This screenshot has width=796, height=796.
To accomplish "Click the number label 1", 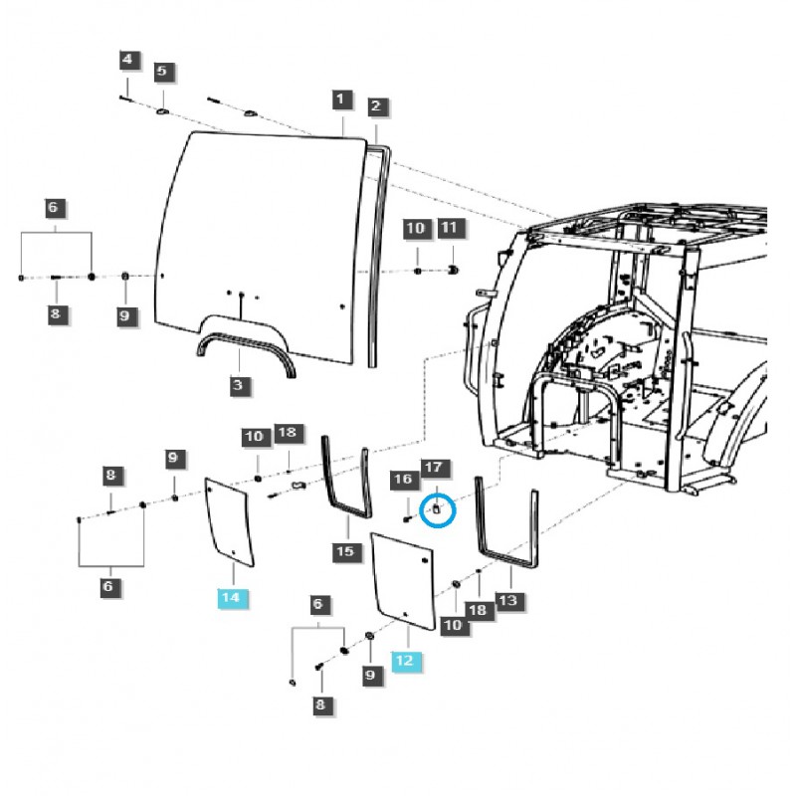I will pos(341,99).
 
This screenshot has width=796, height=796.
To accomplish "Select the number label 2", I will pos(375,105).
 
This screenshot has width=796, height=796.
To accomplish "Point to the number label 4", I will pos(126,61).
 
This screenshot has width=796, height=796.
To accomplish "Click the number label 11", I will pos(449,229).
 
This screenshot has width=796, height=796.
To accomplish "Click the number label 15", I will pos(344,550).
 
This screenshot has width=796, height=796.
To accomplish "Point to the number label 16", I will pos(403,480).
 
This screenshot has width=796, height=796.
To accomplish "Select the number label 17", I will pos(432,468).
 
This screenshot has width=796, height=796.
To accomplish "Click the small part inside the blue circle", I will pos(436,508).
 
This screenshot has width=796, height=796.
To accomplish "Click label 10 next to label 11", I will pos(416,229).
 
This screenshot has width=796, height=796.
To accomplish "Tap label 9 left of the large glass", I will pos(124,315).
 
